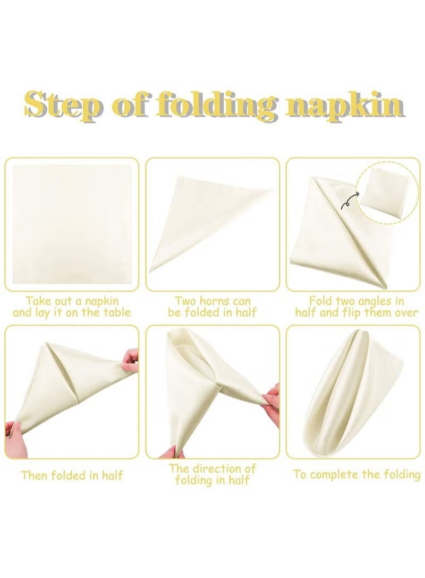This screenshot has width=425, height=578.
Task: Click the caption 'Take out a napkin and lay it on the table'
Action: coord(72,306)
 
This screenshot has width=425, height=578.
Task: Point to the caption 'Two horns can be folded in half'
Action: coord(212,306)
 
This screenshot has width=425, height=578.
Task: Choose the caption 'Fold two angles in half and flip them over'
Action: coord(356,306)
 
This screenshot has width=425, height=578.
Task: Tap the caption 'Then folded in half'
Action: coord(72,475)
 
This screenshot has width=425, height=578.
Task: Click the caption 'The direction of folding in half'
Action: coord(212,475)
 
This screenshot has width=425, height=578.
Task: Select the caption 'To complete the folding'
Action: coord(356,475)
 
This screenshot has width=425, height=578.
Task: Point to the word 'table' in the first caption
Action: coord(114,312)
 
